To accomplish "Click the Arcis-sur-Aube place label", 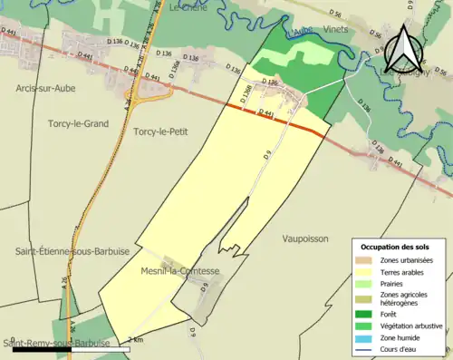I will [51, 88].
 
